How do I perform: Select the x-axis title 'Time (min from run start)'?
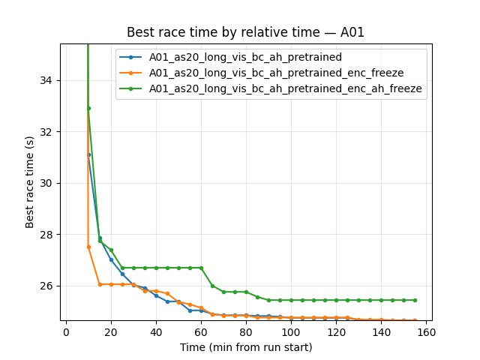(246, 347)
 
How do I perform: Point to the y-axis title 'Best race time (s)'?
(29, 184)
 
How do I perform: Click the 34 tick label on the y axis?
(46, 80)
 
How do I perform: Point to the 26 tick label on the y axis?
(46, 286)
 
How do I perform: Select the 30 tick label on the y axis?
(46, 183)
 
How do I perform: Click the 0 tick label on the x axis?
(66, 332)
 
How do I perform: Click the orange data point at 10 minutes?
(88, 247)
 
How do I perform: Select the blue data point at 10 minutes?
(88, 154)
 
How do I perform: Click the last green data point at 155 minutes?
(415, 300)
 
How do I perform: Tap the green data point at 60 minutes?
(201, 268)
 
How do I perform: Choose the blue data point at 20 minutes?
(111, 259)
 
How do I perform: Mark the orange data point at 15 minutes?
(100, 284)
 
